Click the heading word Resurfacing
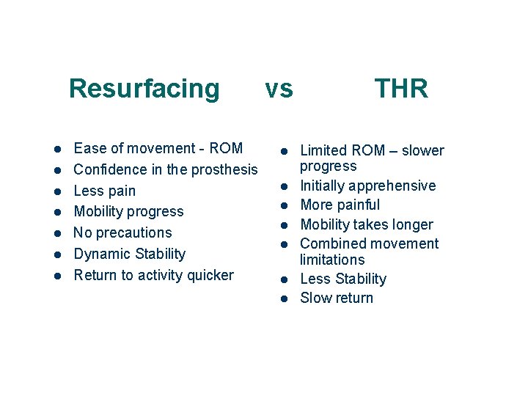pos(144,89)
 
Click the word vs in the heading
pos(279,89)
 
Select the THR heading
pos(401,89)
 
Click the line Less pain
pos(105,191)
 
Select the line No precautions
pos(123,232)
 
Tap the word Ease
pos(89,148)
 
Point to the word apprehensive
pos(392,186)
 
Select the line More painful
pos(340,205)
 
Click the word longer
pos(411,224)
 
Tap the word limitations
pos(332,260)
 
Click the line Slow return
pos(337,298)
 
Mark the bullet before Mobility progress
pos(56,212)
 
